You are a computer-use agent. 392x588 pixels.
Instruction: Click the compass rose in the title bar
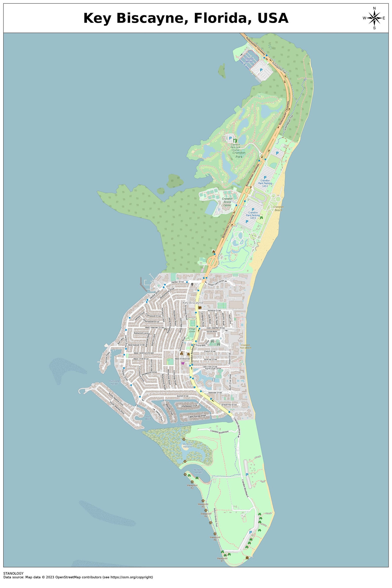(374, 18)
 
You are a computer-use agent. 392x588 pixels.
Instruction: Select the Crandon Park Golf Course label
(235, 147)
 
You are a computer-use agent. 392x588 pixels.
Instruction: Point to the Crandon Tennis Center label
(227, 202)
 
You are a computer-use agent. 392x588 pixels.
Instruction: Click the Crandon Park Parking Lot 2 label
(265, 183)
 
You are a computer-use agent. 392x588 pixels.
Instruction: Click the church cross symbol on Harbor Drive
(192, 284)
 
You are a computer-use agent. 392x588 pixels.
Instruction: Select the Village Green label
(192, 330)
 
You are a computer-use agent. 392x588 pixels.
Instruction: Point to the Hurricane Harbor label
(114, 382)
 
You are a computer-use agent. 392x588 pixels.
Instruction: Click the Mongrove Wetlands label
(188, 445)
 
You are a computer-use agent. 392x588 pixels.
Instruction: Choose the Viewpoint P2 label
(192, 487)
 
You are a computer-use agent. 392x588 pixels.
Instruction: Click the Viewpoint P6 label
(215, 538)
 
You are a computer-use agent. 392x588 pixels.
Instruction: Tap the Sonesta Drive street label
(214, 310)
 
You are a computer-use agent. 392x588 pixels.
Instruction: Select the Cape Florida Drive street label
(197, 416)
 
